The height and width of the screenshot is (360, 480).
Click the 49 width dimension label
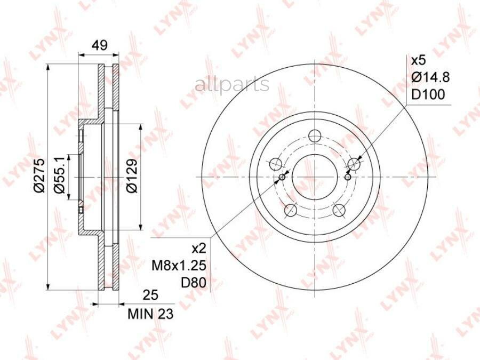click(100, 45)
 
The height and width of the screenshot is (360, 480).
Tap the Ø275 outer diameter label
click(40, 175)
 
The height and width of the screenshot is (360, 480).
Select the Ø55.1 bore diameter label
click(59, 175)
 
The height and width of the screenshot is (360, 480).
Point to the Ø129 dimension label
click(132, 175)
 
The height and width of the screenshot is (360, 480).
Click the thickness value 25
click(150, 295)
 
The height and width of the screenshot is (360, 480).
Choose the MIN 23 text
click(150, 314)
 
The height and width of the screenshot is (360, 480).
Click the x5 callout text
click(418, 60)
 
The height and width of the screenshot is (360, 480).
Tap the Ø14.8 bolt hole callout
click(430, 77)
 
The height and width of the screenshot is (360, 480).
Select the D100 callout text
click(428, 94)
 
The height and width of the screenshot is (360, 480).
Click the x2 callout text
click(199, 249)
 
